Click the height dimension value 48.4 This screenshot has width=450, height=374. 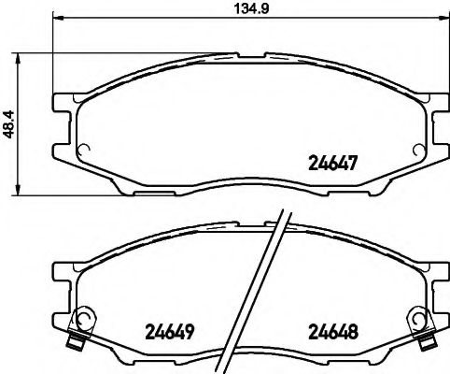8,123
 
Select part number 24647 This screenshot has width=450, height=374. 333,161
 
